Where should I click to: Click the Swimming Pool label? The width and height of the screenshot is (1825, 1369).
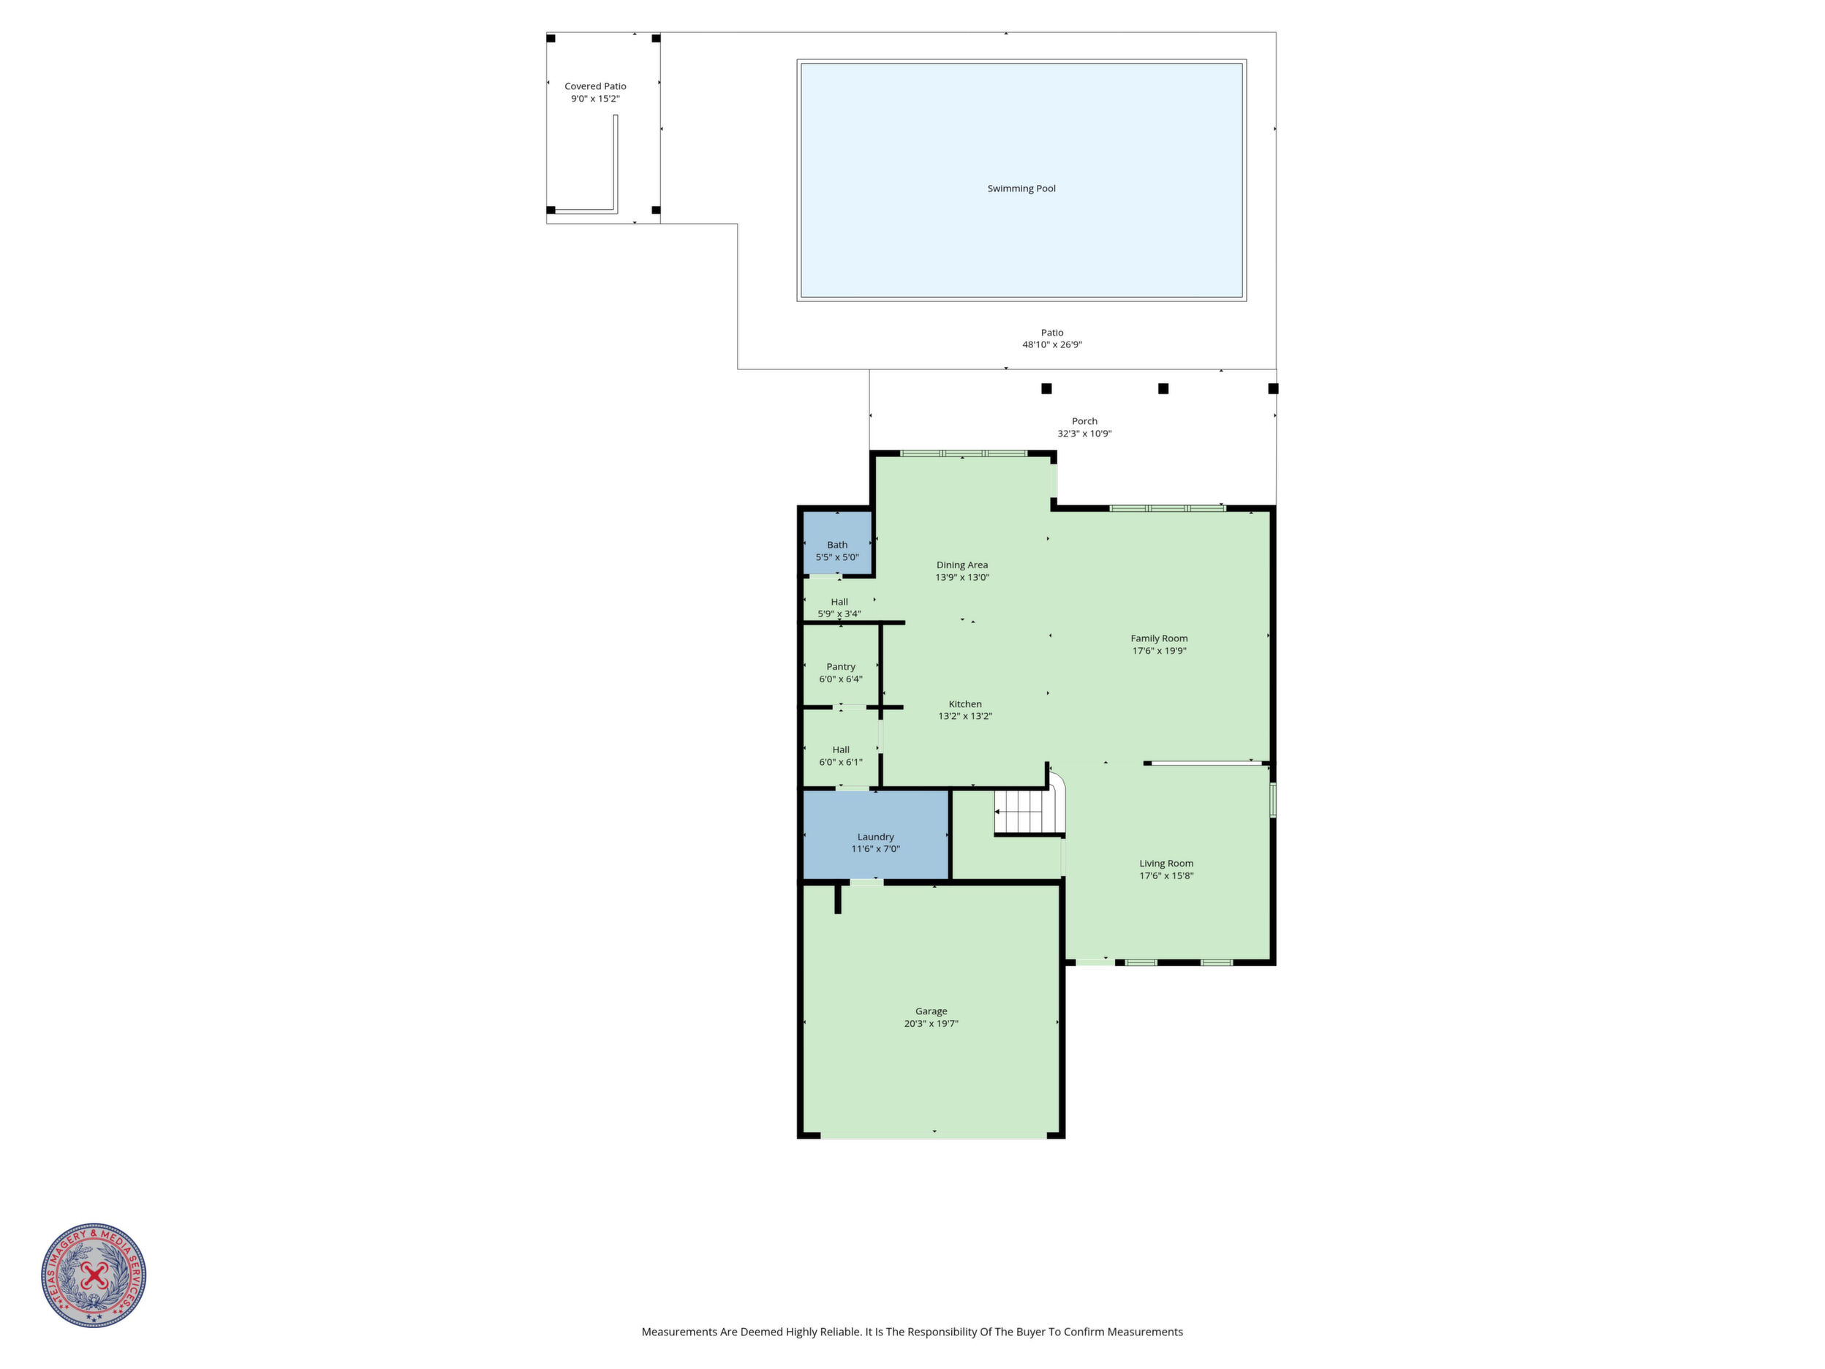[1021, 188]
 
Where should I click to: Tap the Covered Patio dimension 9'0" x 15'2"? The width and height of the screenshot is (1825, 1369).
[595, 99]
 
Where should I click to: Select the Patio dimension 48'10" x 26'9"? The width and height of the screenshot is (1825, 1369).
[1052, 345]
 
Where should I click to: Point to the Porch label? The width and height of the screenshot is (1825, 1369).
[1084, 420]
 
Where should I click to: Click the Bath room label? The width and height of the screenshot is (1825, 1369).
[837, 545]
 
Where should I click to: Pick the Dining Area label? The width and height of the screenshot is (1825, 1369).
[962, 565]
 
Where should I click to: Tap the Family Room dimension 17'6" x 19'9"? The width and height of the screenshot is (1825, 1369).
[1159, 651]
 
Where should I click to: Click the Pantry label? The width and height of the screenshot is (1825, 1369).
[841, 667]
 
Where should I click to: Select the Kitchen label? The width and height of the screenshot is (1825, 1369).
[965, 704]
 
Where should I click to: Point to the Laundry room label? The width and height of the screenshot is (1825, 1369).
[875, 837]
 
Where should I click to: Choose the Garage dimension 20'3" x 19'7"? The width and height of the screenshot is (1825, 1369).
[932, 1024]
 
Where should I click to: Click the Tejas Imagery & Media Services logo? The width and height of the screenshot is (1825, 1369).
[94, 1275]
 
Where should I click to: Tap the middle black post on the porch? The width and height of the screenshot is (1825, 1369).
[1163, 388]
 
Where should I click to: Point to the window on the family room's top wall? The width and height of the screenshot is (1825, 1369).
[1168, 508]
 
